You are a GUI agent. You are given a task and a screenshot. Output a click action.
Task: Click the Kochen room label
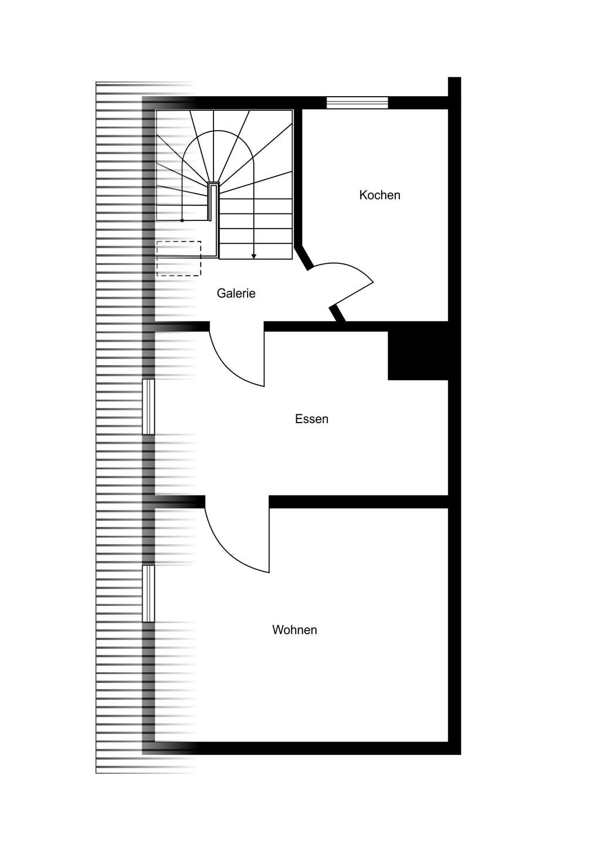point(379,195)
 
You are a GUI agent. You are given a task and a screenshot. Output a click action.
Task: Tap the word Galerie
point(236,293)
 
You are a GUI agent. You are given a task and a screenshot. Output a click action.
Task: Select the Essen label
point(311,419)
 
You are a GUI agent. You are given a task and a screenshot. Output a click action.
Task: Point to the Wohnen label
point(294,630)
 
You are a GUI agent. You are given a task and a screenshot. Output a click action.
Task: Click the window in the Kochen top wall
point(357,103)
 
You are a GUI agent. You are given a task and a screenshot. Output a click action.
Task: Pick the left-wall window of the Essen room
point(148,407)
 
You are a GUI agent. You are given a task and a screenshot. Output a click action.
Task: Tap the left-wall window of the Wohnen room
point(148,593)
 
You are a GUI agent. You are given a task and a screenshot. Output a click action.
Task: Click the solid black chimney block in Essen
point(418,355)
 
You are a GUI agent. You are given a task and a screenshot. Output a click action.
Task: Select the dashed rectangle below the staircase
point(179,258)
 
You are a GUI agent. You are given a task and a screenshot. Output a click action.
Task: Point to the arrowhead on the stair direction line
point(254,256)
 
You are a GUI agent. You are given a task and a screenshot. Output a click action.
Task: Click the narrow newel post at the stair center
point(213,202)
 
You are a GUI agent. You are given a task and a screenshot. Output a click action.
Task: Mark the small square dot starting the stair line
point(182,220)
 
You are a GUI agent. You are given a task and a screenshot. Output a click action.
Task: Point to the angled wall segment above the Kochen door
point(303,256)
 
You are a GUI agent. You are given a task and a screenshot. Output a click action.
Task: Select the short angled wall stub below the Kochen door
point(337,314)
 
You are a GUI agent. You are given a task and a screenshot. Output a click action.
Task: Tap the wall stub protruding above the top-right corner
point(454,87)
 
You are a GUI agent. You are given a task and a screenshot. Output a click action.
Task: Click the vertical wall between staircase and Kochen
point(298,177)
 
